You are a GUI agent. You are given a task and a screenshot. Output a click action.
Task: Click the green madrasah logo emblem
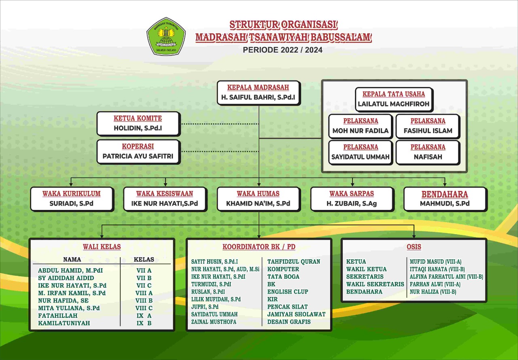click(x=166, y=36)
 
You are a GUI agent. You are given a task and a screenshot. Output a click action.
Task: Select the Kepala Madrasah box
click(x=258, y=93)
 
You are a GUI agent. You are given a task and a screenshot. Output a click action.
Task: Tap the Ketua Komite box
click(x=138, y=124)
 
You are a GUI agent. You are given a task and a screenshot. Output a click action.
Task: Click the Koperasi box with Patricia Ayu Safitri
click(x=138, y=151)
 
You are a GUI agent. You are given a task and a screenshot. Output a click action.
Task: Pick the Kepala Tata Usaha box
click(x=393, y=99)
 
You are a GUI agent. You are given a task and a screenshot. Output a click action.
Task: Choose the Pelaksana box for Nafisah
click(x=428, y=152)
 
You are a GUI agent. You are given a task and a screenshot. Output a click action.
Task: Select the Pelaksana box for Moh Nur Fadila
click(x=360, y=126)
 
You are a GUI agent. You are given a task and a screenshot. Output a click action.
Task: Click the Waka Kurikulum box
click(x=72, y=199)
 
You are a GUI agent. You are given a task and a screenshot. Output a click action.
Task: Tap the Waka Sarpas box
click(x=352, y=199)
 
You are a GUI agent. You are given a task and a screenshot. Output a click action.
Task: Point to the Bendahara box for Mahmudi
click(x=445, y=199)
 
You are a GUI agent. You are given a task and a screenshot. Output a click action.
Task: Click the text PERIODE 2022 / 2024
click(x=282, y=50)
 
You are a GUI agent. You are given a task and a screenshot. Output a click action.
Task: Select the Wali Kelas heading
click(x=102, y=247)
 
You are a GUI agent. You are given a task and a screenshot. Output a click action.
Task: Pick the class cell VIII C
click(x=144, y=308)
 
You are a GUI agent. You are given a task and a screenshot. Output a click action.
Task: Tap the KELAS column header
click(x=144, y=259)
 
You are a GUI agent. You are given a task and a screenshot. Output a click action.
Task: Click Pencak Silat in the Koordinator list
click(x=287, y=307)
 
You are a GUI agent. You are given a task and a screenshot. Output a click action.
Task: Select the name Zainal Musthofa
click(x=214, y=322)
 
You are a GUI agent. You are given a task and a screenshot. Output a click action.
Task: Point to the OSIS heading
click(x=414, y=247)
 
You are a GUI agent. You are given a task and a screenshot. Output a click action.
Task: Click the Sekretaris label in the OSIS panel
click(x=365, y=277)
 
